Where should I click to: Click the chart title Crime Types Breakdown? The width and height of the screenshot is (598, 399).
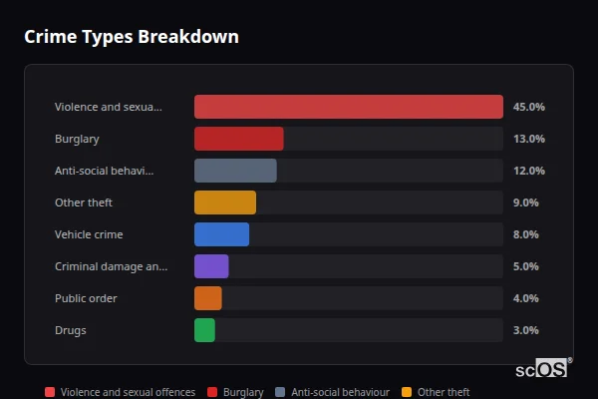[x=131, y=37]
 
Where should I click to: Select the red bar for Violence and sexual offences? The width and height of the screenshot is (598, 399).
[x=348, y=107]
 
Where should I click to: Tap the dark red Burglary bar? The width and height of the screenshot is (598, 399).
[x=238, y=139]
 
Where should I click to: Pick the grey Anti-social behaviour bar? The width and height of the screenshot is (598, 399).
[x=235, y=171]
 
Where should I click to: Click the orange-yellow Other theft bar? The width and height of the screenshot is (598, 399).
[x=224, y=202]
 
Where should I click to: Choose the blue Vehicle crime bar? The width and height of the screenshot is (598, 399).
[x=221, y=234]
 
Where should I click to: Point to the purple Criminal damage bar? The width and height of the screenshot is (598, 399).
[x=211, y=266]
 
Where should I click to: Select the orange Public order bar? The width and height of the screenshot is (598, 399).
[x=207, y=298]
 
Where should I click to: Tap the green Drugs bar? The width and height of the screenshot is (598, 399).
[x=204, y=330]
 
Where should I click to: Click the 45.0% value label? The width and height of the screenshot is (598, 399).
[x=528, y=107]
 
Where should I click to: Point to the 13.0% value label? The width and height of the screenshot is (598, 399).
[x=528, y=139]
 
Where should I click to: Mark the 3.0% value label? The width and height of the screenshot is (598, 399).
[x=525, y=330]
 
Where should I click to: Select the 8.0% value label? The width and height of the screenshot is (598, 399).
[x=525, y=234]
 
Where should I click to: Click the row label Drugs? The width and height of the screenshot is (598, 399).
[x=70, y=330]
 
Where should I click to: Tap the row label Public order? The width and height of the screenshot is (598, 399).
[x=86, y=298]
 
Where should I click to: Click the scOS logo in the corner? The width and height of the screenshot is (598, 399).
[x=542, y=368]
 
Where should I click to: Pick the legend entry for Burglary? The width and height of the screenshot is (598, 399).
[x=236, y=393]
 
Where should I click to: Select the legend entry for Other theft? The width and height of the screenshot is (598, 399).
[x=436, y=393]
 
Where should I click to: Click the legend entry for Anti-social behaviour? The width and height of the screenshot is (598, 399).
[x=332, y=393]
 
